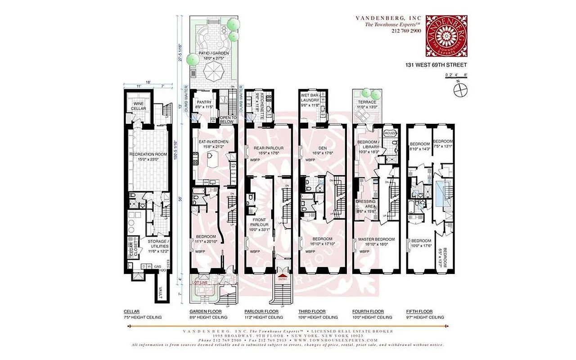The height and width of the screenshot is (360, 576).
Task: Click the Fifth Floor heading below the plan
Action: (419, 311)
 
